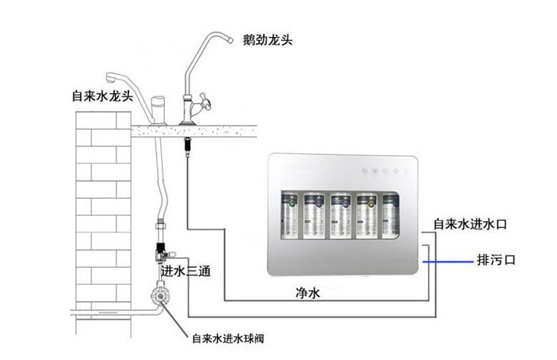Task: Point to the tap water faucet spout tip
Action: click(111, 77)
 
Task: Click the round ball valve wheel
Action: click(160, 295)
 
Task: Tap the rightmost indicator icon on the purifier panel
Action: click(407, 171)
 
